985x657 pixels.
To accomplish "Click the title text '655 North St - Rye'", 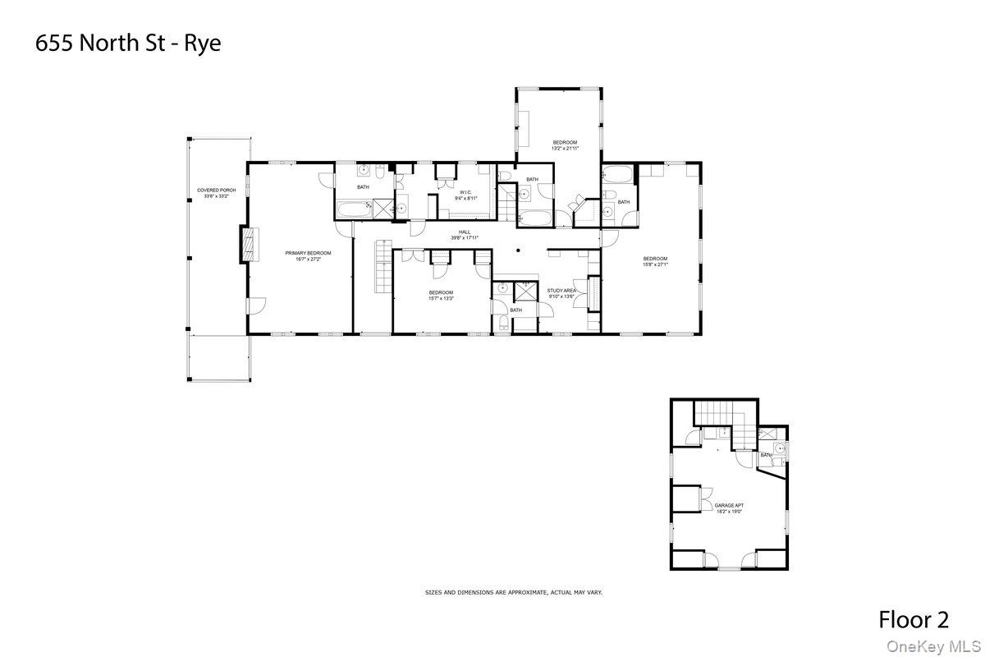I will (x=128, y=44).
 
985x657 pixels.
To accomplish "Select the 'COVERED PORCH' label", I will (x=217, y=190).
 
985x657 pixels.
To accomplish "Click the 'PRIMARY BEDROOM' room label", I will (x=308, y=253).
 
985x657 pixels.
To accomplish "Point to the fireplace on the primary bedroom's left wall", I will (x=245, y=245).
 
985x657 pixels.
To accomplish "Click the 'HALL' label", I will (x=464, y=232).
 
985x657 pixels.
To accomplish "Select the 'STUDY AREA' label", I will (x=561, y=291).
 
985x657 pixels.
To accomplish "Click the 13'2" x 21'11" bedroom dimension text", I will (x=565, y=149).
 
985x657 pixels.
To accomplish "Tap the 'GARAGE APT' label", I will (x=729, y=506).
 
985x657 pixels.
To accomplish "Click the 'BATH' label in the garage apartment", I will (x=766, y=455).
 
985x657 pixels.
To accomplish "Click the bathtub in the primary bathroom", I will (x=353, y=210).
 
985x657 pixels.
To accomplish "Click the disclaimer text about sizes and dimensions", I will (x=513, y=591).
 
